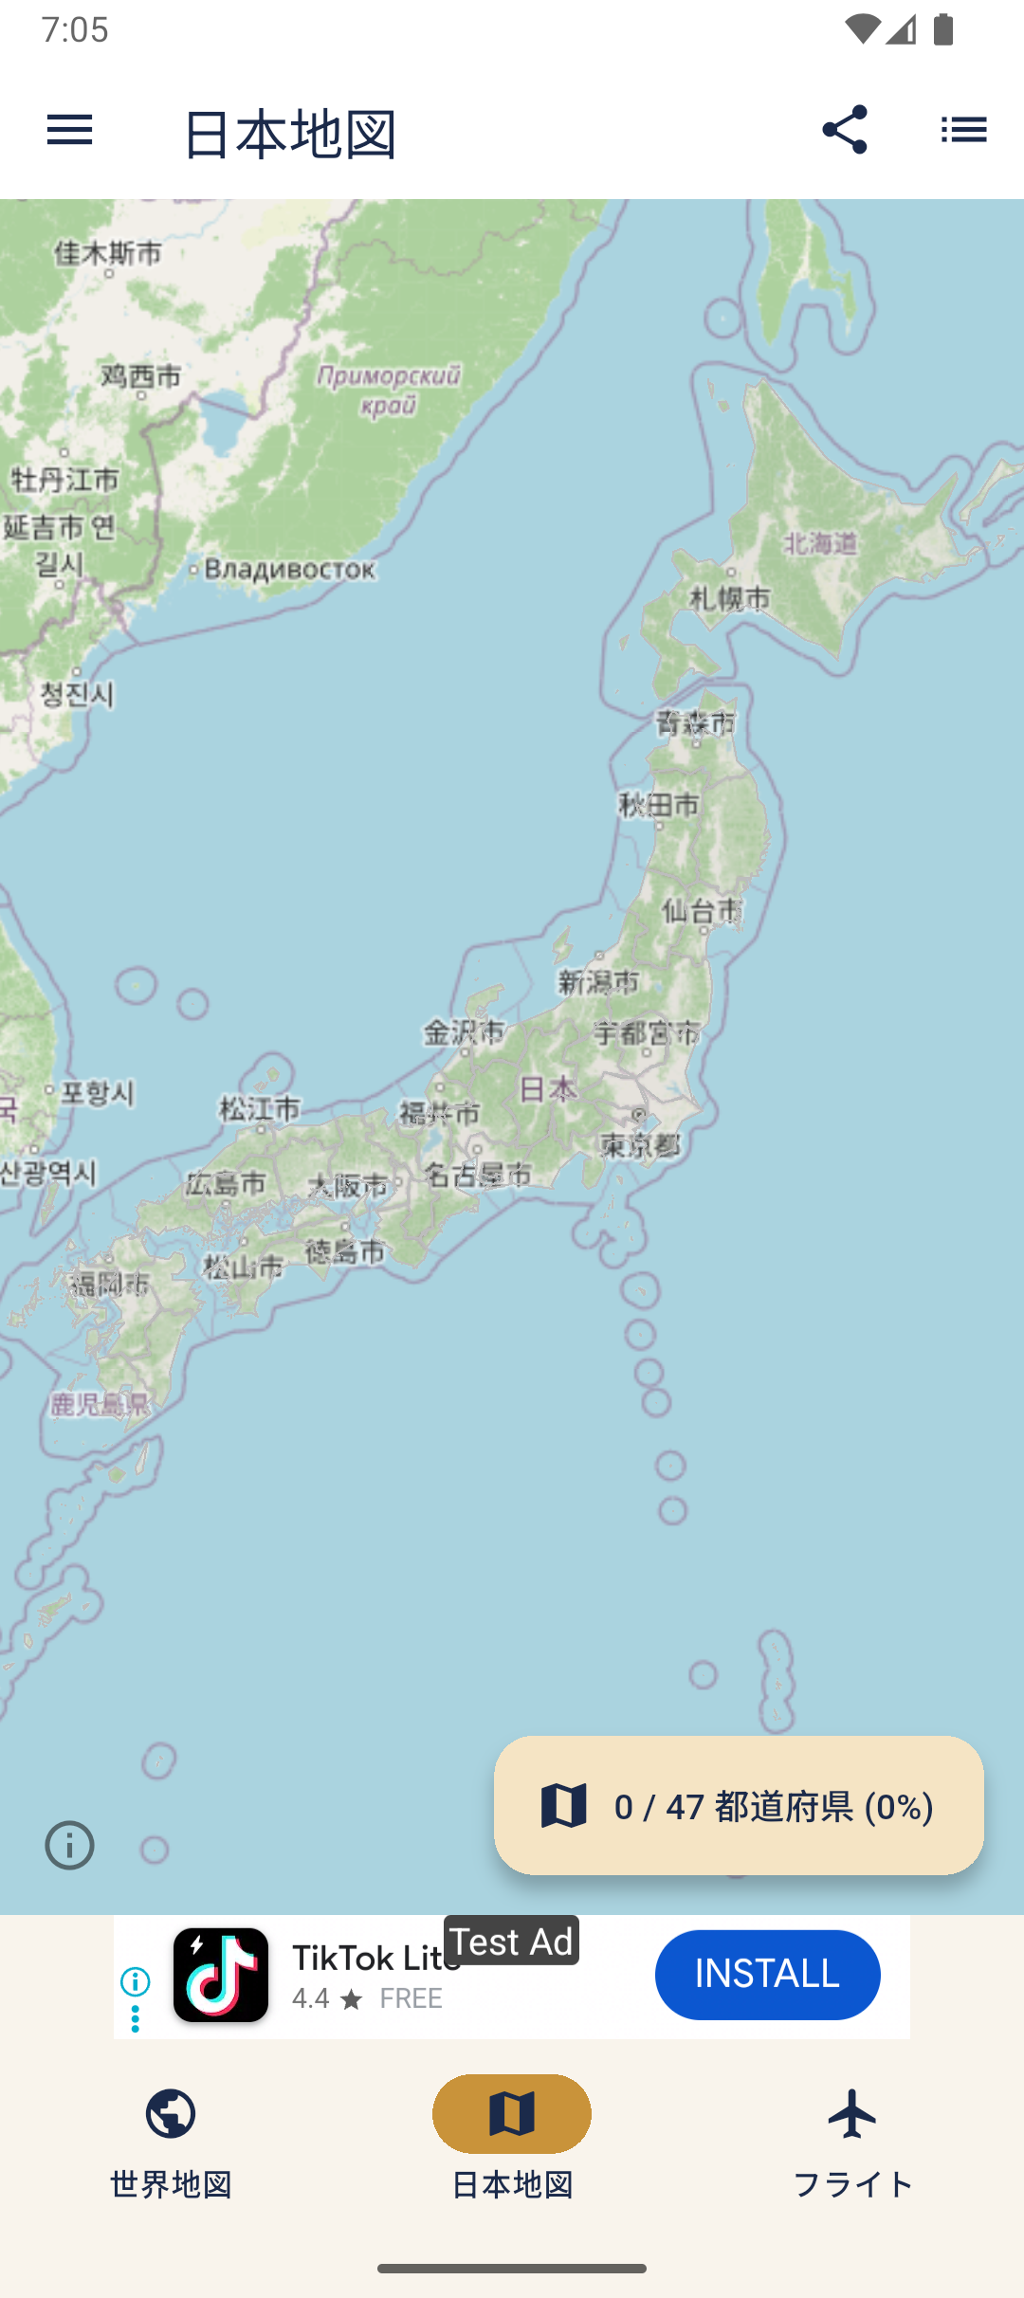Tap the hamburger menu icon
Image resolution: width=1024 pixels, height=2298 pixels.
tap(69, 130)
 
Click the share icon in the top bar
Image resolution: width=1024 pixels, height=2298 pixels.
tap(844, 130)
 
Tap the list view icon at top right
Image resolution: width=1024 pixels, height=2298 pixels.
tap(963, 130)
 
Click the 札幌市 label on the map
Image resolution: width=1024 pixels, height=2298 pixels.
tap(730, 598)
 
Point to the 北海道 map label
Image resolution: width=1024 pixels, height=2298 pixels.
tap(821, 543)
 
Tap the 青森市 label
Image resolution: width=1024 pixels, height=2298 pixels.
tap(696, 723)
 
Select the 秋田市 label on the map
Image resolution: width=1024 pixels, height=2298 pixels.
tap(660, 806)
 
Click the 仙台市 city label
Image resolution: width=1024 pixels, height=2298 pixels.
tap(702, 911)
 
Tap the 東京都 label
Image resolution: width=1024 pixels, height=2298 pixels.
tap(641, 1145)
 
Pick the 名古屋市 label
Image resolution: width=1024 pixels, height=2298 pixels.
tap(478, 1176)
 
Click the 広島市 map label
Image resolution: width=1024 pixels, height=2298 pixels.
tap(226, 1183)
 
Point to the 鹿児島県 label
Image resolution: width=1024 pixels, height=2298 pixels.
tap(100, 1404)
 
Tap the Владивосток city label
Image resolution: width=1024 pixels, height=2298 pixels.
tap(289, 570)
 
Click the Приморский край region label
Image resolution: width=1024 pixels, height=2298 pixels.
tap(389, 390)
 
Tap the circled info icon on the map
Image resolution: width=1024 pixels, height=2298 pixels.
tap(70, 1845)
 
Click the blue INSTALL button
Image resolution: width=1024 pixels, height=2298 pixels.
tap(767, 1975)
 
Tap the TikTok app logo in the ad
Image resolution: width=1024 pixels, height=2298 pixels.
tap(221, 1975)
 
